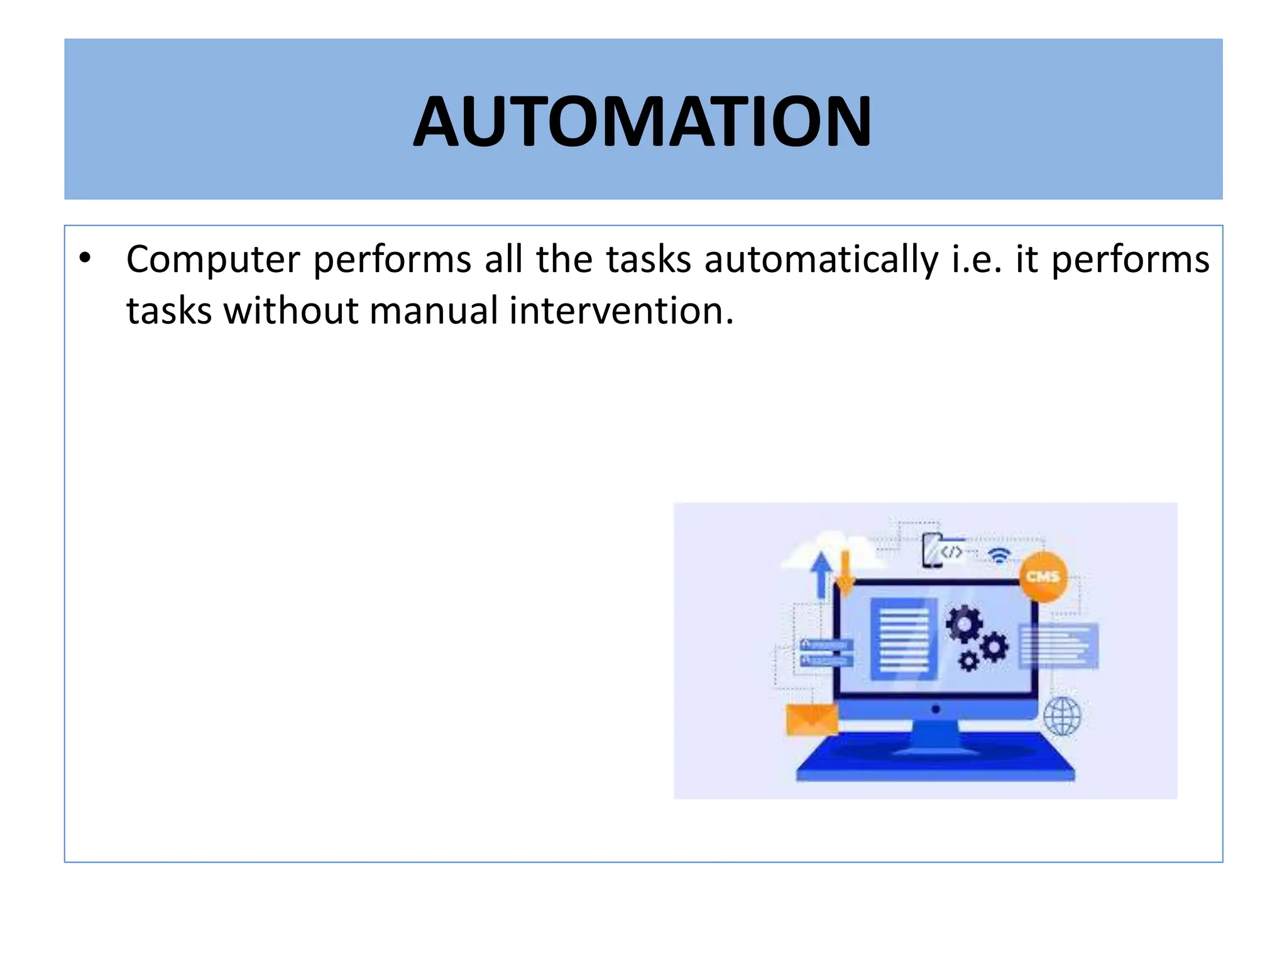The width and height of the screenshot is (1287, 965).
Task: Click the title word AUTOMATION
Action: pyautogui.click(x=642, y=121)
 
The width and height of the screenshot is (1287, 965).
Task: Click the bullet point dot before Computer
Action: pyautogui.click(x=85, y=258)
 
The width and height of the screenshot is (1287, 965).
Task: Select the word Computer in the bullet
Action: pyautogui.click(x=213, y=260)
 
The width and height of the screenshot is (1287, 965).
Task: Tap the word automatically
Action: pyautogui.click(x=821, y=260)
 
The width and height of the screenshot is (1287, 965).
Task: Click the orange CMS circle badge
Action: pyautogui.click(x=1043, y=576)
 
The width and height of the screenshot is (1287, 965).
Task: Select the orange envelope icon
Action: pyautogui.click(x=812, y=719)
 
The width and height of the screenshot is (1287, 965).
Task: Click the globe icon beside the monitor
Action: pyautogui.click(x=1062, y=716)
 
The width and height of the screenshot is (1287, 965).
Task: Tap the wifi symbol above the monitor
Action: pyautogui.click(x=999, y=555)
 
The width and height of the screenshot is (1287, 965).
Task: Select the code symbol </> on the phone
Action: pyautogui.click(x=951, y=552)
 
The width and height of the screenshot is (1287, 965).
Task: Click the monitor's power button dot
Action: pyautogui.click(x=935, y=709)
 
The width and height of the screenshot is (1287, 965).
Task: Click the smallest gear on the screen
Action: pyautogui.click(x=968, y=661)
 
